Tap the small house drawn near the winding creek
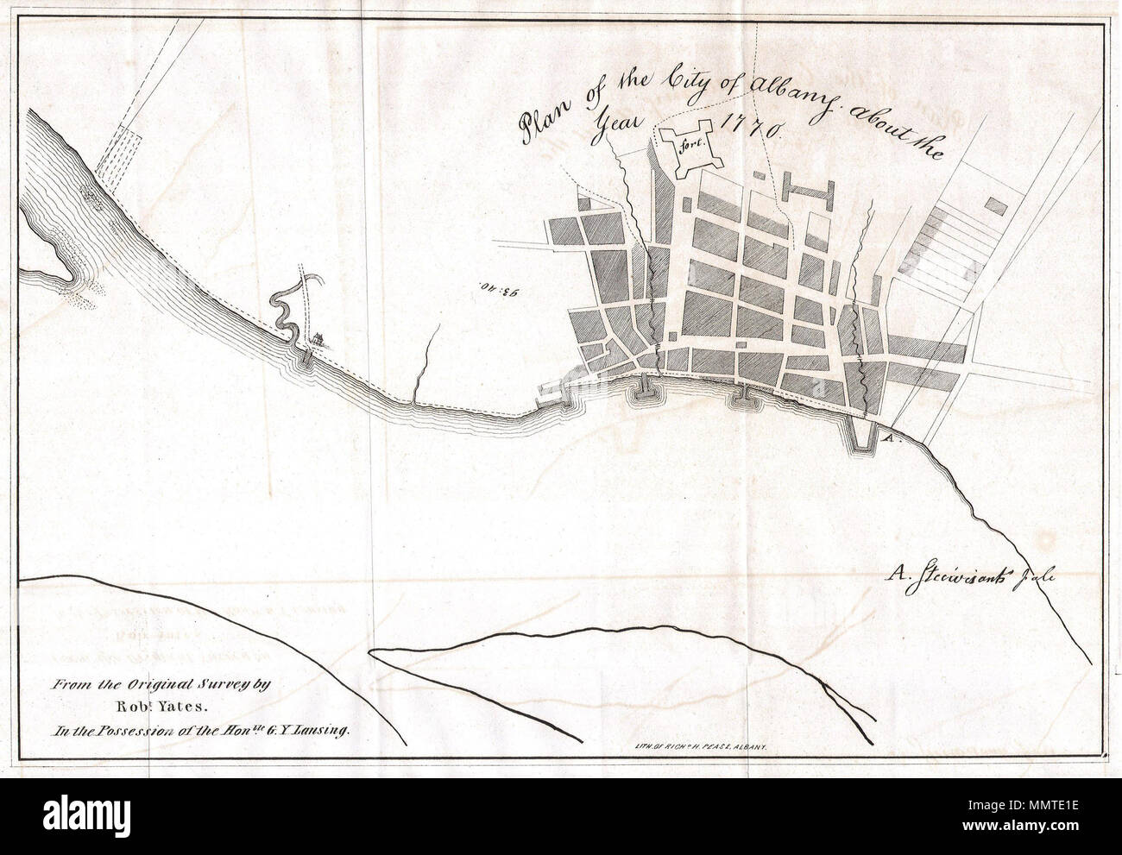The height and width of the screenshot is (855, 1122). coord(319,338)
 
